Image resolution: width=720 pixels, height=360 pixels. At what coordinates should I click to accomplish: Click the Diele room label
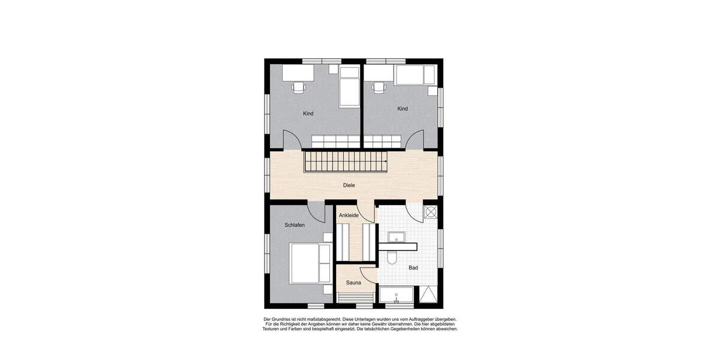click(x=349, y=185)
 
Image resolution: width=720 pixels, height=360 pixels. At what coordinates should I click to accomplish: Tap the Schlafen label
click(x=295, y=225)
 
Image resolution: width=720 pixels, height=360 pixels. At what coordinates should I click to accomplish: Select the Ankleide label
click(x=349, y=215)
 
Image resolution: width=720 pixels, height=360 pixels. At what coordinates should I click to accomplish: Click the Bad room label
click(x=413, y=268)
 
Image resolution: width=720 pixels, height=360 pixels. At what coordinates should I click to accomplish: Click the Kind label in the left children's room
click(x=308, y=113)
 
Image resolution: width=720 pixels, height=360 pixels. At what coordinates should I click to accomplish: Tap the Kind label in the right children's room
click(x=403, y=109)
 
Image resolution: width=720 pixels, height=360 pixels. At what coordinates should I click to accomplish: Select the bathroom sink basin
click(x=397, y=238)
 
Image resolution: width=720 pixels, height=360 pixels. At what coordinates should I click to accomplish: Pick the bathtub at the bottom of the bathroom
click(x=396, y=296)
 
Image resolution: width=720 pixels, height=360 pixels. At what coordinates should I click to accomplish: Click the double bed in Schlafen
click(x=310, y=262)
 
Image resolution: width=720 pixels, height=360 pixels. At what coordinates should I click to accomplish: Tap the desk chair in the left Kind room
click(x=298, y=87)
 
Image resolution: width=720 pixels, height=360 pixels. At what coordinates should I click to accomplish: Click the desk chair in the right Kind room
click(x=378, y=87)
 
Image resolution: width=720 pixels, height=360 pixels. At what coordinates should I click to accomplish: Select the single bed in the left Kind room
click(x=349, y=86)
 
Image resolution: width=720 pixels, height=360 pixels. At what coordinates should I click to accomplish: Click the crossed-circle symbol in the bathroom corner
click(x=430, y=211)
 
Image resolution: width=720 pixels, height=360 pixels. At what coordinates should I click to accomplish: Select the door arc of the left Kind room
click(x=290, y=140)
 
